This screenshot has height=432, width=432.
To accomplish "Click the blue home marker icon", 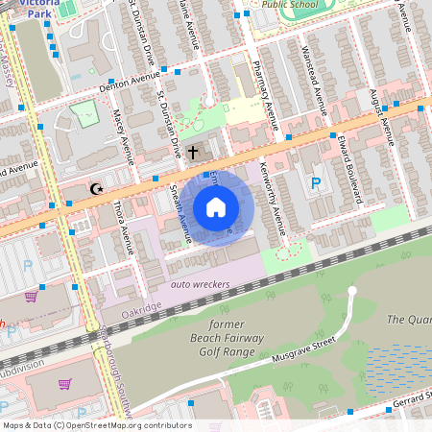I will point(216,207).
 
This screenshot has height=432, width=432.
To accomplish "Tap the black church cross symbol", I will point(192,152).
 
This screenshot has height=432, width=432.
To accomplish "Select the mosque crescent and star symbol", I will point(95,190).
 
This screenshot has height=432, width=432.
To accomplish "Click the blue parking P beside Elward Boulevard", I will point(316,183).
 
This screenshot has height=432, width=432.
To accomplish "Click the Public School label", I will point(290,3).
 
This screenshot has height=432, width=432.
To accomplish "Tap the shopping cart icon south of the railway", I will point(64,384).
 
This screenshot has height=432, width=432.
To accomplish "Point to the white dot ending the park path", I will point(352,290).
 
